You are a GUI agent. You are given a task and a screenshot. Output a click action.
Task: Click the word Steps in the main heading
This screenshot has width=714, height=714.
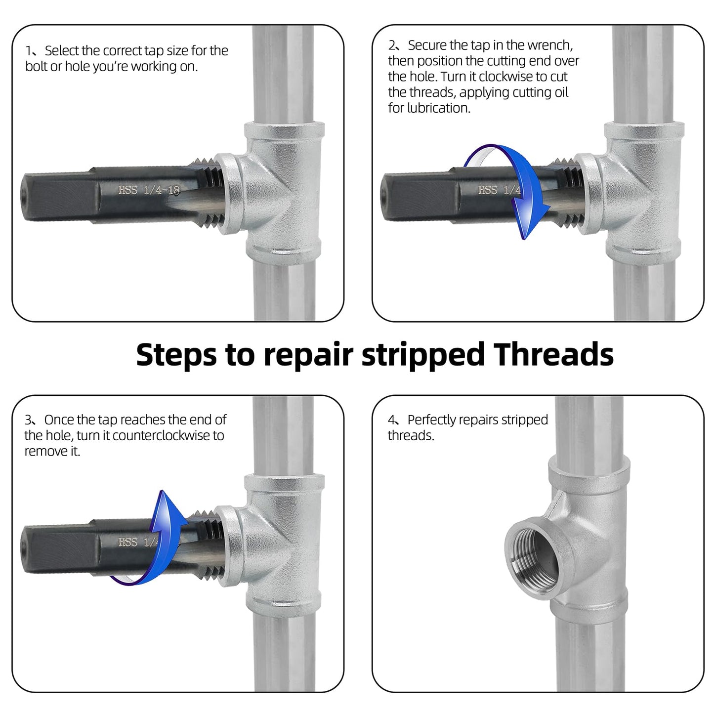point(176,355)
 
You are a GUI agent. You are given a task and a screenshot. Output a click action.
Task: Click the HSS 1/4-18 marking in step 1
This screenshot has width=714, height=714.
point(149,190)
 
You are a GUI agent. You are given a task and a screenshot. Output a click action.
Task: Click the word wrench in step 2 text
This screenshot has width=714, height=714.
point(549,45)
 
